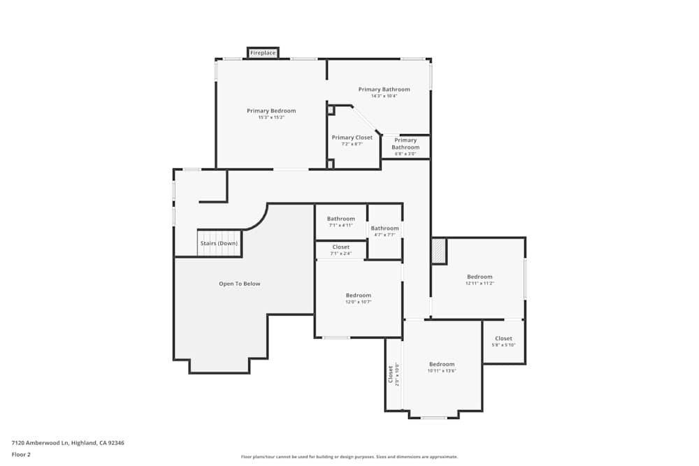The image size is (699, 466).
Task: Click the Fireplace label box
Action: coord(263,52)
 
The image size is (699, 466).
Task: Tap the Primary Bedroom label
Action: coord(271,110)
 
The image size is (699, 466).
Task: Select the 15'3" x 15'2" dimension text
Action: coord(271,117)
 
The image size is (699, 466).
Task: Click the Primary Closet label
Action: coord(352,138)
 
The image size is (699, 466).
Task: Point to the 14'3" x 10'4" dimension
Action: coord(384,96)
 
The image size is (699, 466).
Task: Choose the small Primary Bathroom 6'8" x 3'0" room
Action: coord(405,147)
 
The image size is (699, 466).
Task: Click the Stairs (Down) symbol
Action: coord(219,243)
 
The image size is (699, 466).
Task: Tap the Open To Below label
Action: coord(240,284)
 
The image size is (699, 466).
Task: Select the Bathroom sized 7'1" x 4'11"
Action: coord(341,221)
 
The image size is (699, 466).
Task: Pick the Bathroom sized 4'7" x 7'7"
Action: coord(384,231)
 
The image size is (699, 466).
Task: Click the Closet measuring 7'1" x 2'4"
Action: coord(341,249)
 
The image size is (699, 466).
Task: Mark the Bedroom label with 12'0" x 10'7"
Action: coord(359,296)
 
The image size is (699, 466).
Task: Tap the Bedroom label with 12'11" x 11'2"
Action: coord(480,277)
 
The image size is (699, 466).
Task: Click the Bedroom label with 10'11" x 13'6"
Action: coord(442,364)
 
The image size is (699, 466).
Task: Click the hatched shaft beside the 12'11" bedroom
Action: coord(438,251)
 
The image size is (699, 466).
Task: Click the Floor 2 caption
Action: coord(21,454)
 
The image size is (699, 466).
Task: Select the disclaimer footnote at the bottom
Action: coord(349,457)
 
